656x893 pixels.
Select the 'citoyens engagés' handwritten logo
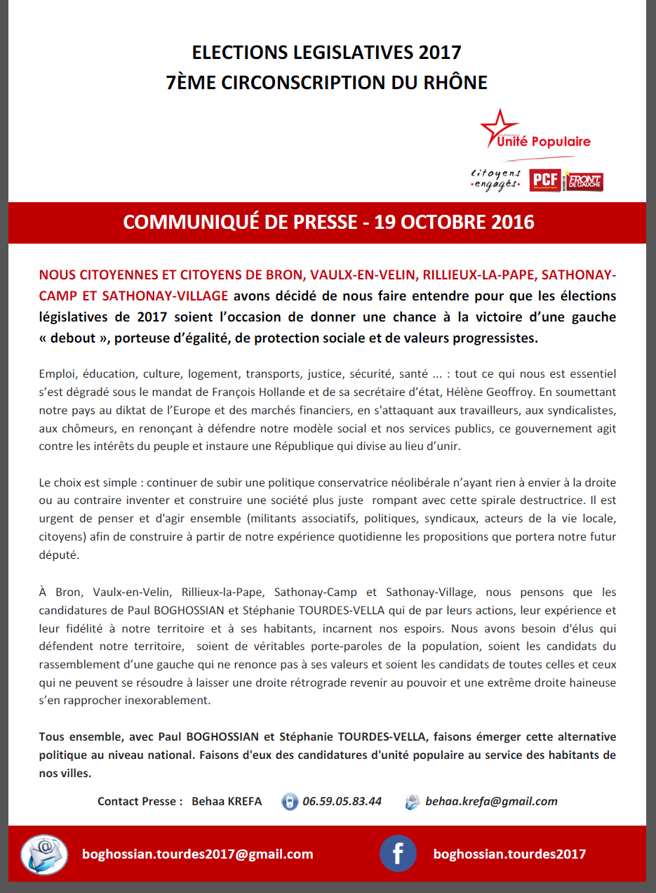pos(495,179)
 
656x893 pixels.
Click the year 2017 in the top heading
pos(439,53)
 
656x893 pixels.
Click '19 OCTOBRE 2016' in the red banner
pos(454,222)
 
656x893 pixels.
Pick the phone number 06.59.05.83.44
pos(342,801)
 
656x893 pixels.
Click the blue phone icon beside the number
pos(289,802)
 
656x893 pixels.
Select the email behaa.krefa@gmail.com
pos(491,801)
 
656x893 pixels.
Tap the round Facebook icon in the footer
pos(398,854)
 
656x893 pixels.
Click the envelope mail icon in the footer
pos(44,854)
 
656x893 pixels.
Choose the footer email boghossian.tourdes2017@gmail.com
pos(198,854)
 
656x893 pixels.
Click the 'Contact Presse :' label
pos(140,801)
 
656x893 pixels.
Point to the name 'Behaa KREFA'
pos(227,801)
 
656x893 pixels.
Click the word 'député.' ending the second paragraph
pos(60,553)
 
